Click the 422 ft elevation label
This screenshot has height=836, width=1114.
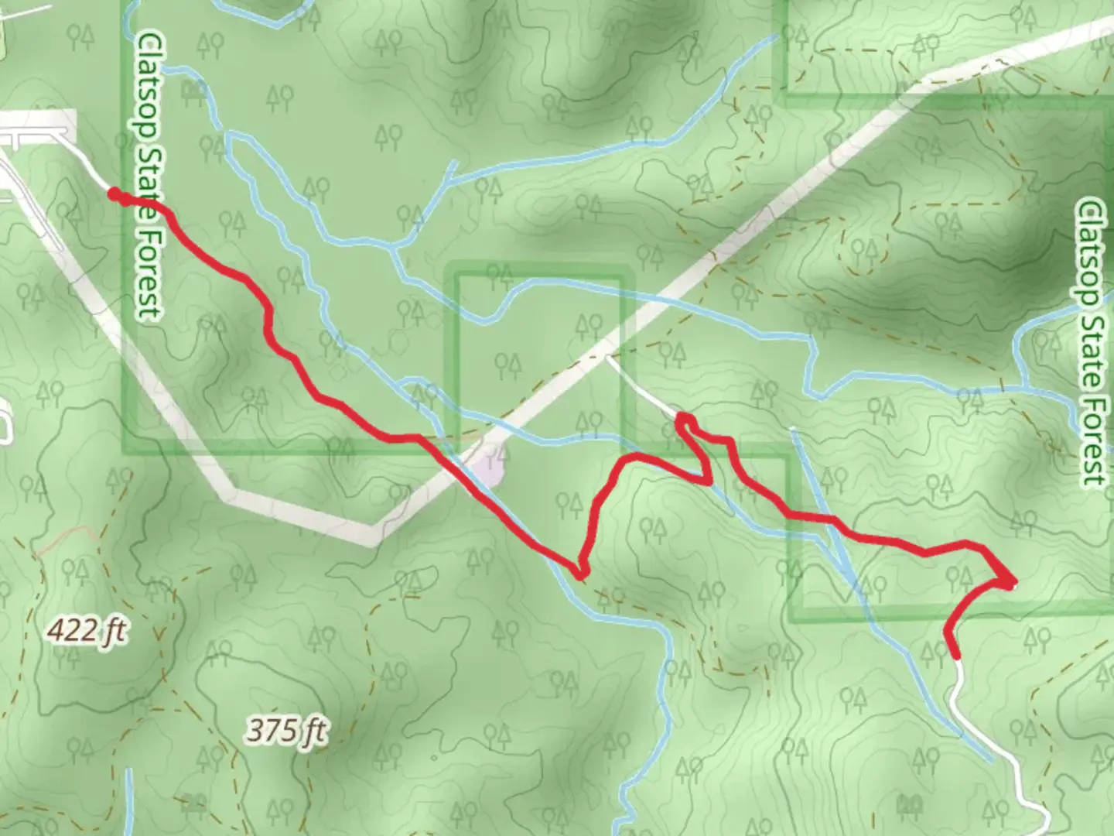(x=86, y=632)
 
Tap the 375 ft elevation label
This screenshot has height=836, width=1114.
(x=287, y=729)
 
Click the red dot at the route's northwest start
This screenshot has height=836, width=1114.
(x=114, y=194)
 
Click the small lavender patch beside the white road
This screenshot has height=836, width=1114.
(x=490, y=468)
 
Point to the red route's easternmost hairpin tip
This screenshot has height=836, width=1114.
(x=1011, y=582)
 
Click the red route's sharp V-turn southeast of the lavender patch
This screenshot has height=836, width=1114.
(x=581, y=573)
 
